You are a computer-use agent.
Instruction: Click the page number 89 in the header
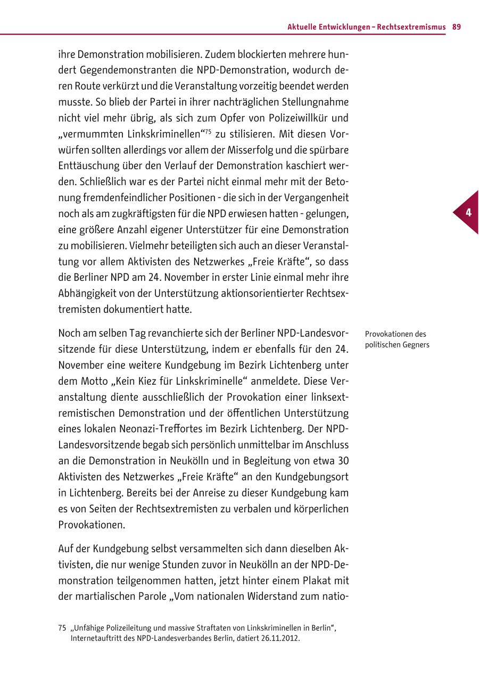tap(457, 27)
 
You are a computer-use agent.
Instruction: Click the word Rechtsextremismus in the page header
tap(411, 27)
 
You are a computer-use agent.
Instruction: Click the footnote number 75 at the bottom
tap(62, 628)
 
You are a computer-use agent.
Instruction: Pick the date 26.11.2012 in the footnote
tap(281, 637)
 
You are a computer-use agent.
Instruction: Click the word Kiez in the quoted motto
tap(140, 381)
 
